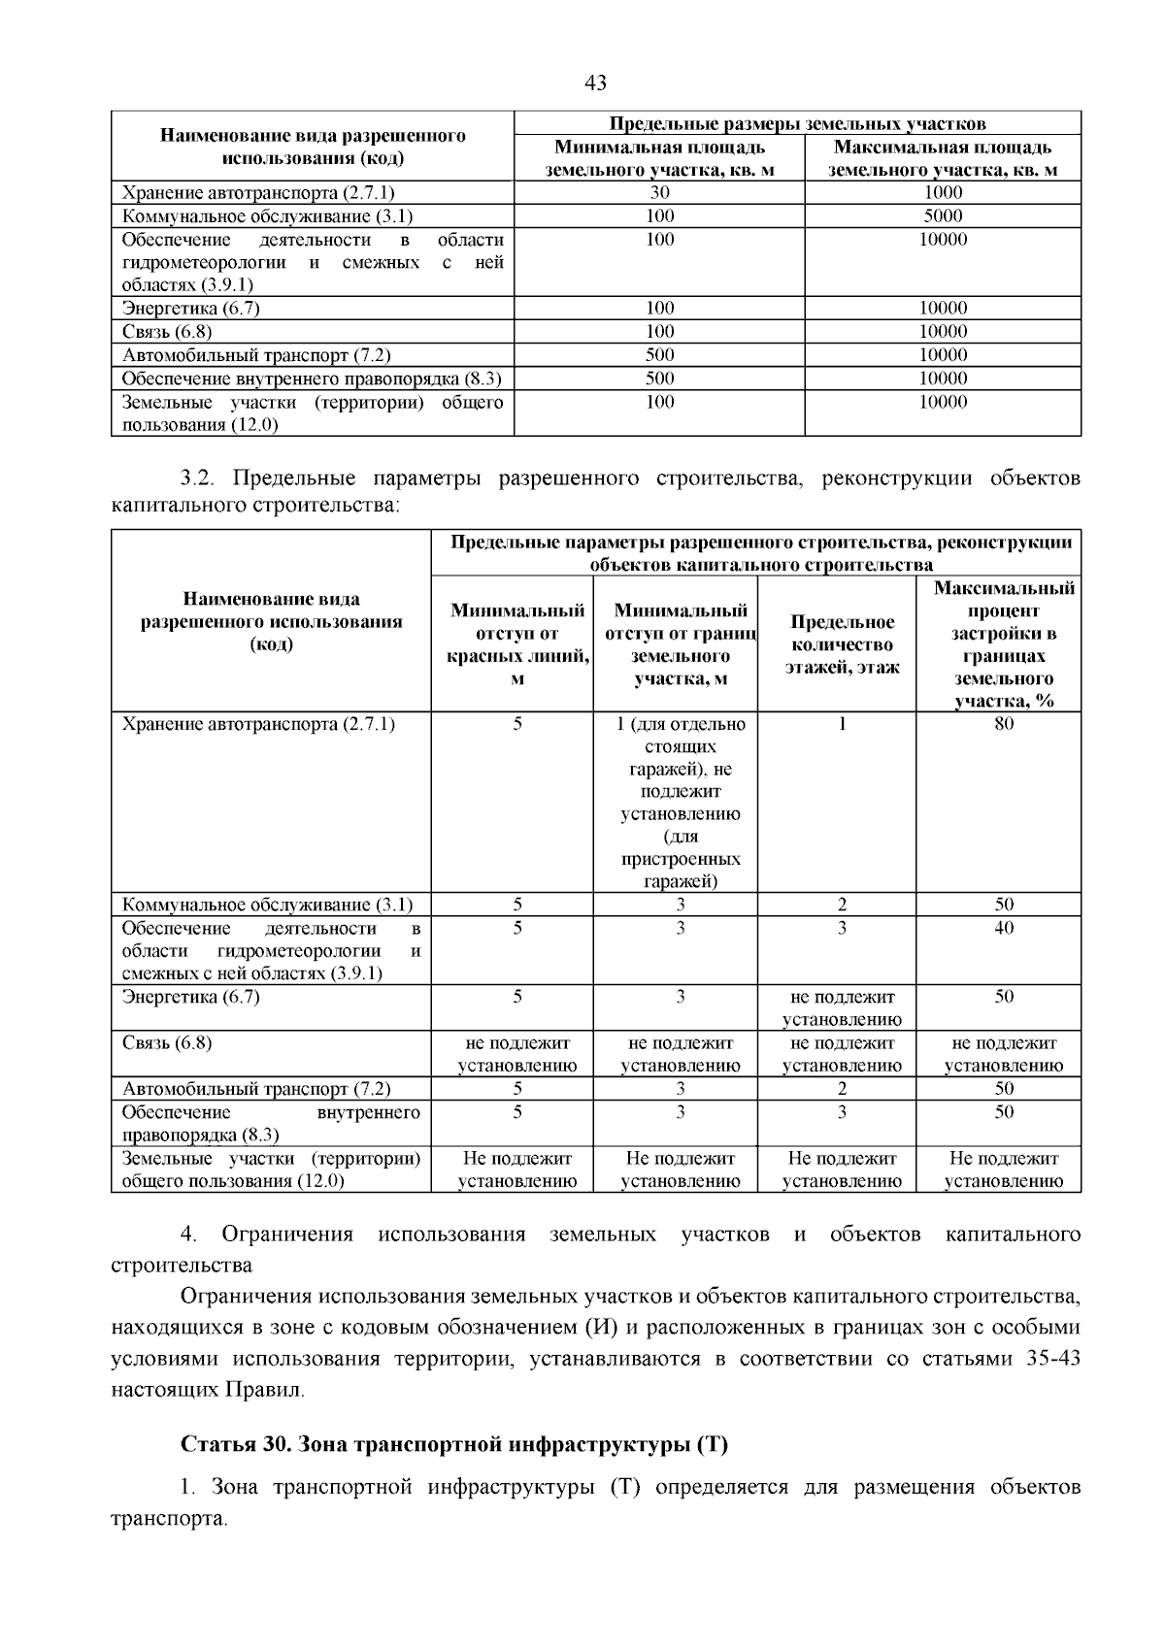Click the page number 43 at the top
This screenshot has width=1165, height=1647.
point(595,83)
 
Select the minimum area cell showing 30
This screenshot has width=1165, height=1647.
point(659,192)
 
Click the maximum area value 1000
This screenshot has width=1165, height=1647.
point(943,192)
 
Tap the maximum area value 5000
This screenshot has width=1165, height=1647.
point(943,215)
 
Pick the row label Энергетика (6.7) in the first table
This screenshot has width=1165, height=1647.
point(191,309)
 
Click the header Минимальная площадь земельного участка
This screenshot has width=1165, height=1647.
point(659,159)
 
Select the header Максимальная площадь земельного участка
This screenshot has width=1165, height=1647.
point(943,159)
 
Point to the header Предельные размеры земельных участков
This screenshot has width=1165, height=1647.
point(797,124)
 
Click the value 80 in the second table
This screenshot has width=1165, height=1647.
point(1003,724)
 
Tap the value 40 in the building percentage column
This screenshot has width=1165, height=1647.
point(1003,928)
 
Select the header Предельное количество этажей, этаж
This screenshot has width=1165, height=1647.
point(842,644)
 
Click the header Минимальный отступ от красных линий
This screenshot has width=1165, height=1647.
point(517,644)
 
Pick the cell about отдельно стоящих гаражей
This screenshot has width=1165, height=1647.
point(681,803)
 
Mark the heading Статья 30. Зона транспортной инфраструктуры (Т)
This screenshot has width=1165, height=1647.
point(454,1444)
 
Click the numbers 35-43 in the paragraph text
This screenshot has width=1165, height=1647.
point(1052,1359)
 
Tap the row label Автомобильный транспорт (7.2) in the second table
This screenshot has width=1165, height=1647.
point(256,1089)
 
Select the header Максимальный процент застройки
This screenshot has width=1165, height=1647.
point(1003,644)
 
